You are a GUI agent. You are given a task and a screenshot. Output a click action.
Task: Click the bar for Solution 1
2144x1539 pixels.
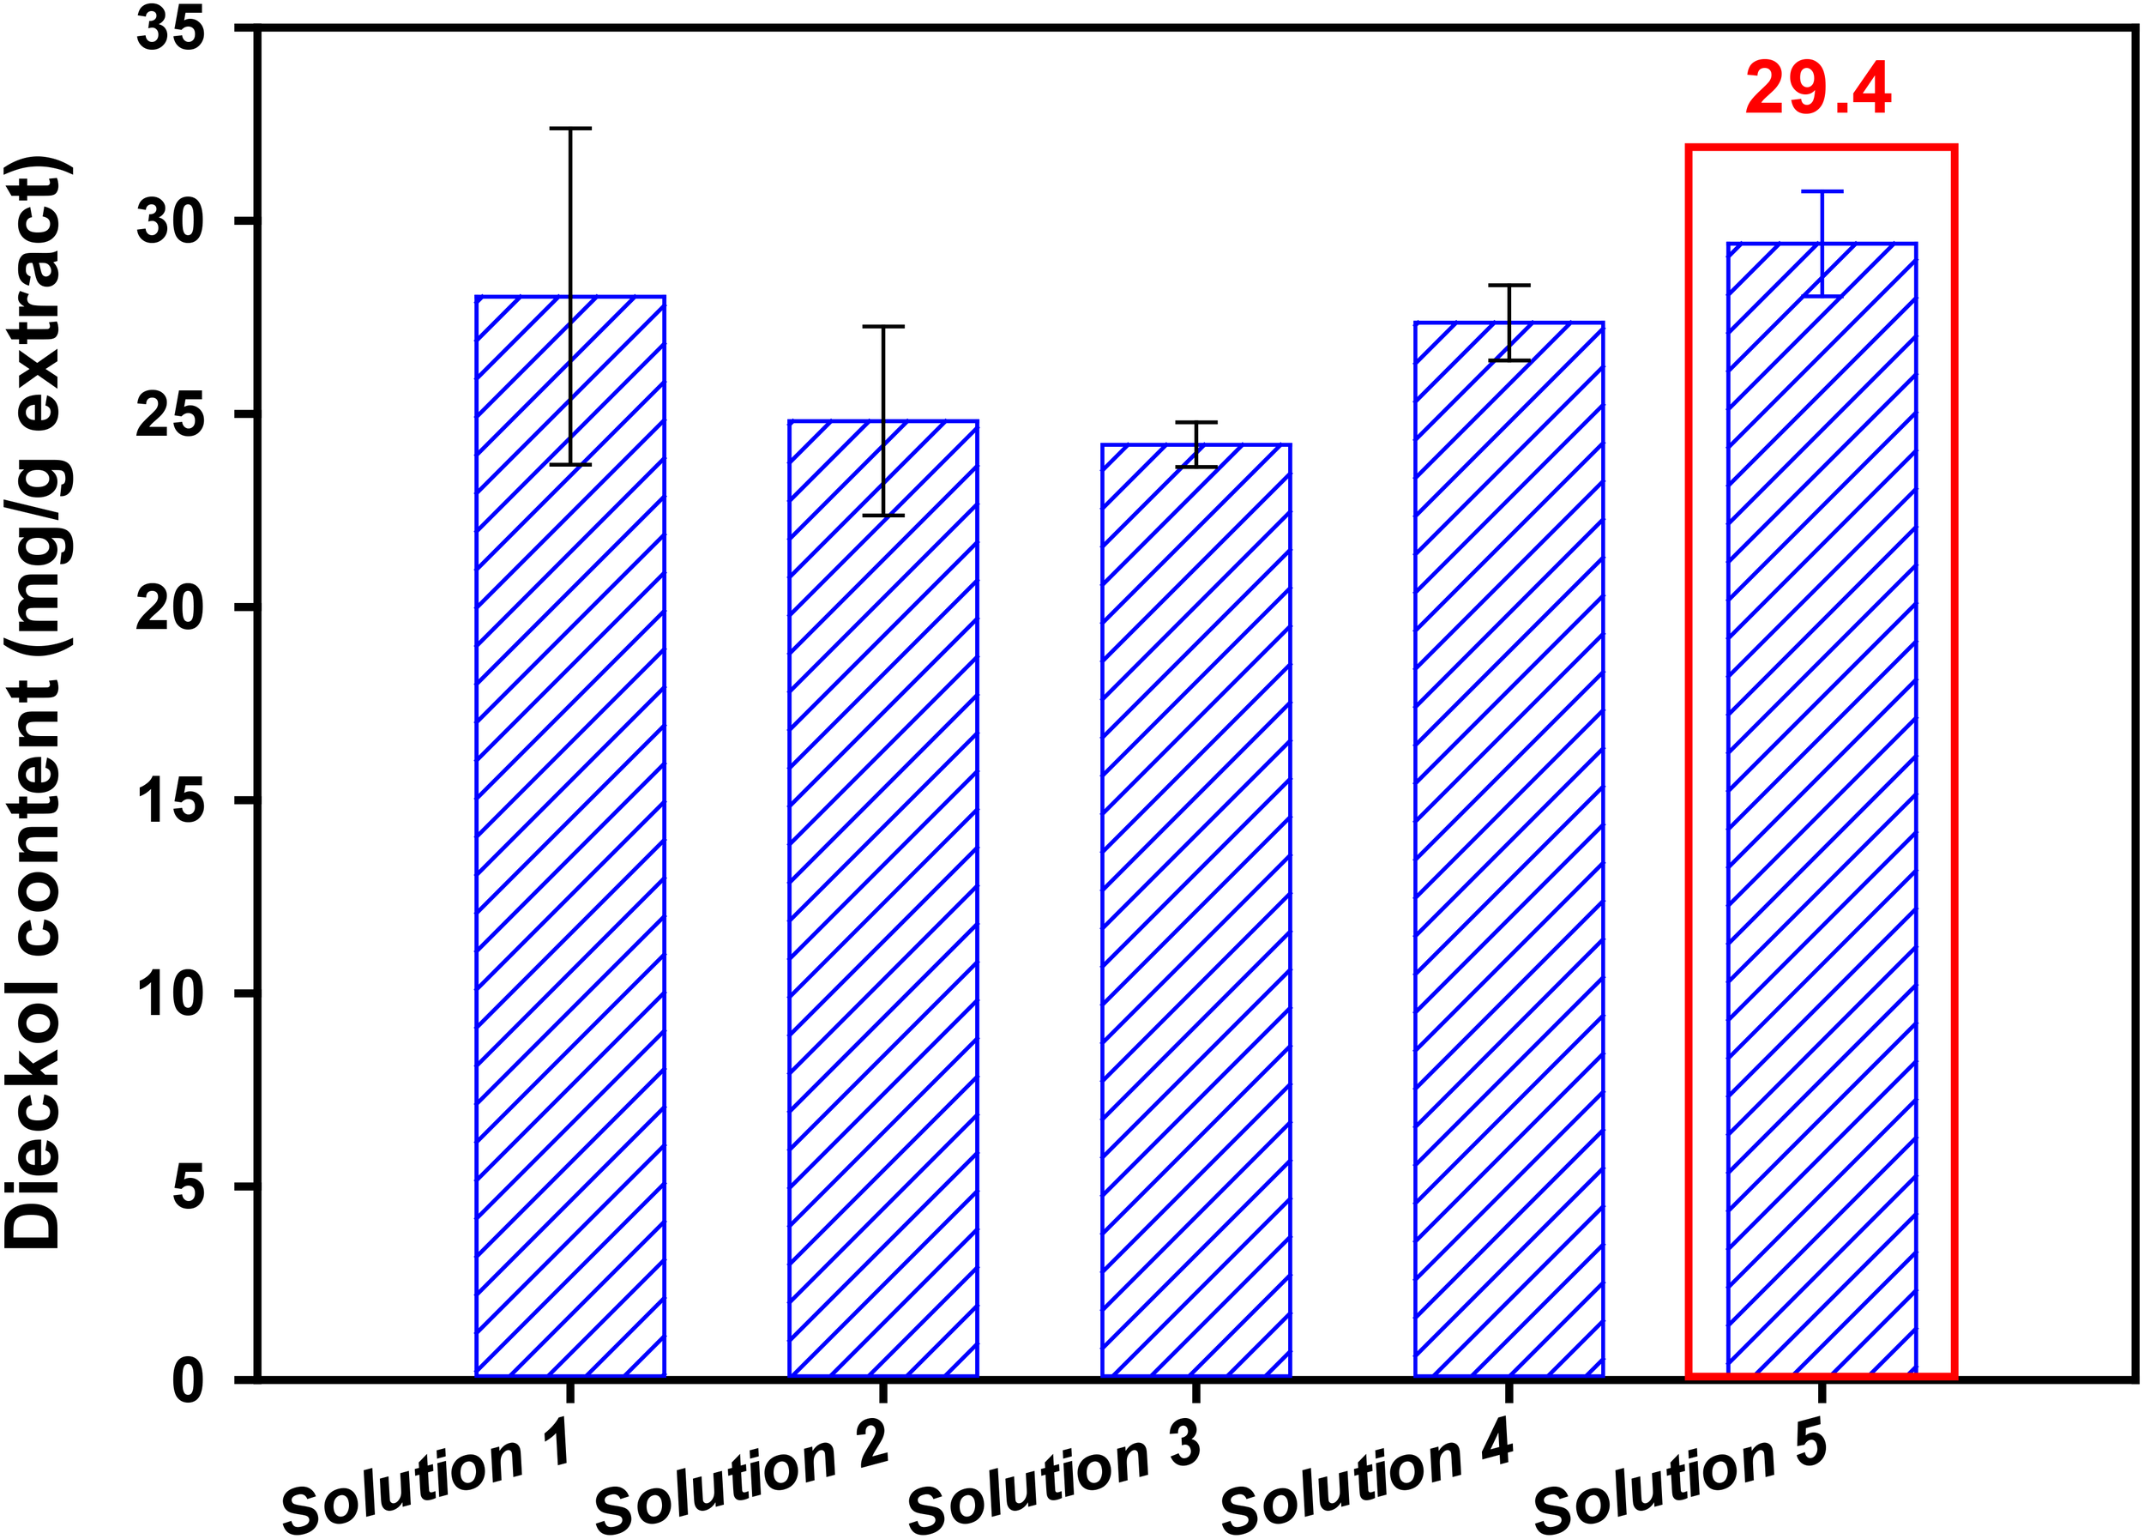click(x=570, y=836)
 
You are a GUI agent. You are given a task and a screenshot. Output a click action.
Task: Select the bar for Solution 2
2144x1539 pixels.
click(x=883, y=898)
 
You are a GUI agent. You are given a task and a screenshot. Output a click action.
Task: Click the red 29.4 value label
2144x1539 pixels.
click(x=1818, y=91)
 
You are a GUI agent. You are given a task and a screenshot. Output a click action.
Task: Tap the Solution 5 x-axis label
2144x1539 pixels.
click(x=1680, y=1475)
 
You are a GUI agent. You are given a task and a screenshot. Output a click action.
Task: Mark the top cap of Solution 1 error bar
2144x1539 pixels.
click(x=570, y=129)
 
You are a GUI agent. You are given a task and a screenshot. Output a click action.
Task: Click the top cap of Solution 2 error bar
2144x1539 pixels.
click(x=883, y=327)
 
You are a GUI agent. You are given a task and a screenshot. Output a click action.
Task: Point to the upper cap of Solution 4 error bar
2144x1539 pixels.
click(x=1509, y=286)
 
